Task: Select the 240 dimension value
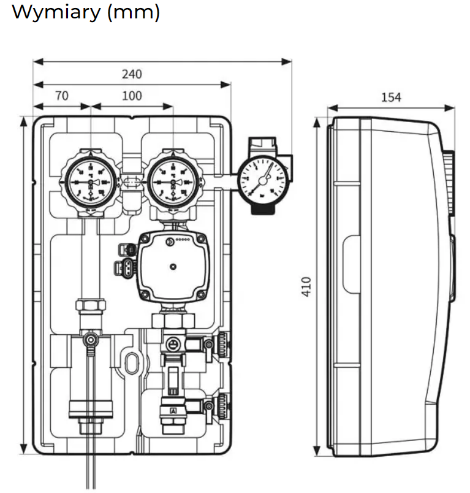131,74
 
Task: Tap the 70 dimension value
61,96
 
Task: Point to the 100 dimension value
131,96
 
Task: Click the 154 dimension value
391,97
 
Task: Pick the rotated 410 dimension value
307,286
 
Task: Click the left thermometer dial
91,182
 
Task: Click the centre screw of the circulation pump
173,267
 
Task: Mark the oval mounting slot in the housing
131,361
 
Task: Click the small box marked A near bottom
172,410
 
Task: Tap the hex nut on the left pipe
90,305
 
